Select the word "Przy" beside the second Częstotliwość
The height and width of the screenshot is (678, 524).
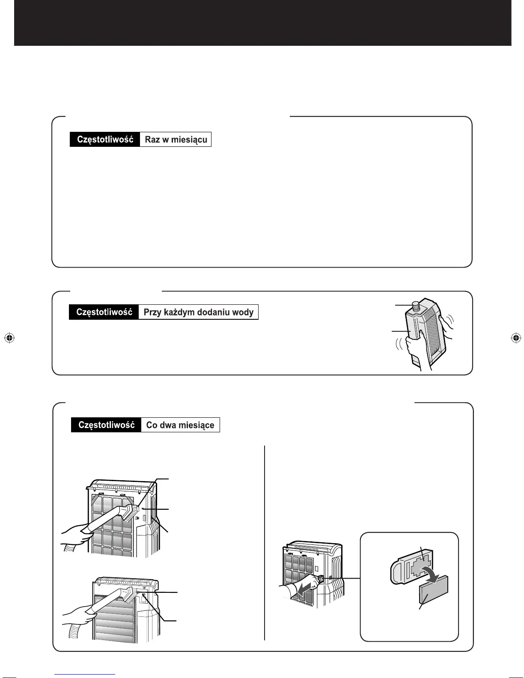click(x=152, y=312)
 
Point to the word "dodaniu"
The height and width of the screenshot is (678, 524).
click(x=211, y=312)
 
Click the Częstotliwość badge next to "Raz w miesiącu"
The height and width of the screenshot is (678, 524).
click(x=105, y=140)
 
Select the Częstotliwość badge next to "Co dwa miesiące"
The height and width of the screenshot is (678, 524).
click(x=106, y=425)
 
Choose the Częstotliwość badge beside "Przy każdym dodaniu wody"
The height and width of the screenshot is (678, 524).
click(x=104, y=312)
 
